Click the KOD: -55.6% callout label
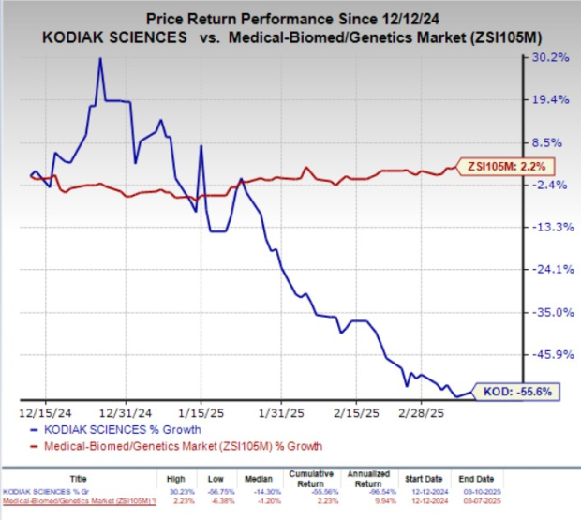(x=517, y=392)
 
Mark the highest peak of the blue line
(x=98, y=58)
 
